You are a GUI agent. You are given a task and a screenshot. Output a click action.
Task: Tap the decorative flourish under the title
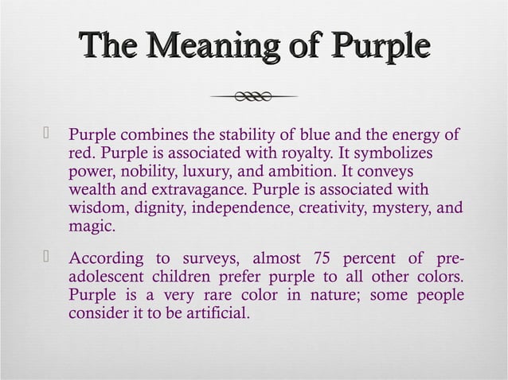[x=254, y=97]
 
